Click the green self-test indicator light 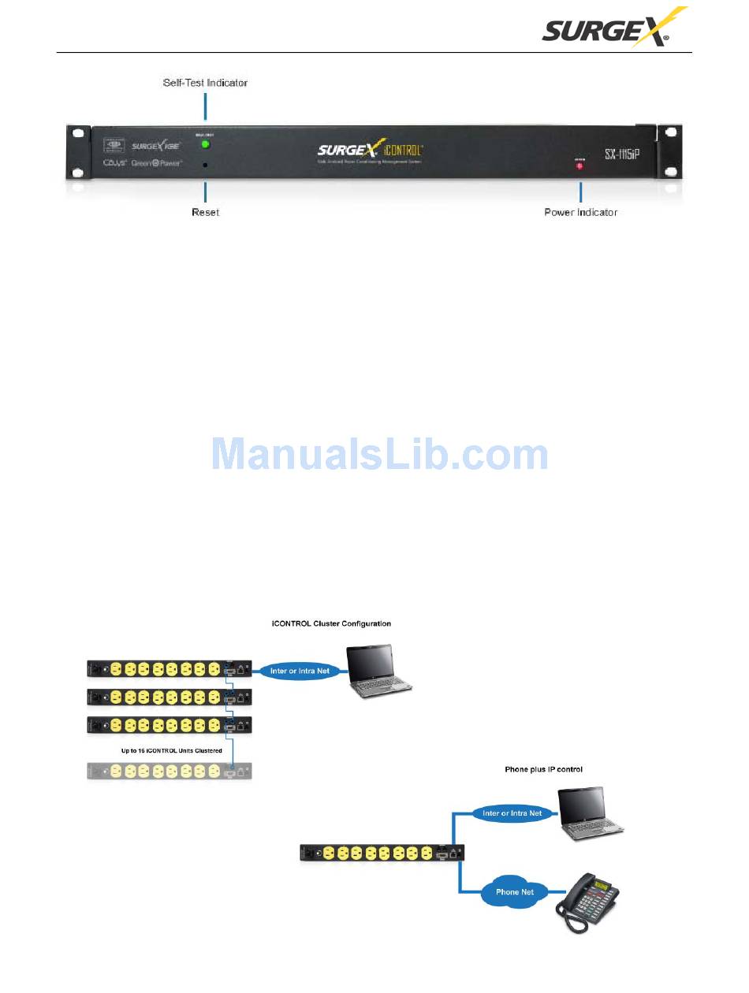click(205, 144)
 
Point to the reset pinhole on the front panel click(205, 165)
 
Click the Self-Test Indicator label click(205, 82)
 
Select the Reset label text click(205, 213)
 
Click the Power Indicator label click(581, 213)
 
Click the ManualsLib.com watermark click(379, 455)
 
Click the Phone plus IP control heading click(544, 769)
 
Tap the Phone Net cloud click(515, 892)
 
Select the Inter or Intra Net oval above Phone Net click(513, 813)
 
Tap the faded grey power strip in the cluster click(170, 772)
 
